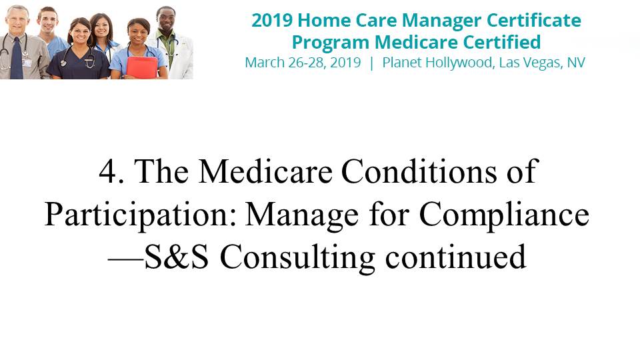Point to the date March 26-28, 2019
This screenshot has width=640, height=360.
[303, 63]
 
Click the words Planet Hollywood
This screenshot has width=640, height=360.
[437, 63]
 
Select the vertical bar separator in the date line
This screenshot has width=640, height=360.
[371, 63]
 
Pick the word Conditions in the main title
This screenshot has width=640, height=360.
[419, 171]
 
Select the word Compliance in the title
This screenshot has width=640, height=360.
[504, 215]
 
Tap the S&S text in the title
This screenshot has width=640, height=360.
[176, 257]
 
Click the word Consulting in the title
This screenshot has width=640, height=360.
[297, 259]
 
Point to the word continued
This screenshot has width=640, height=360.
[455, 257]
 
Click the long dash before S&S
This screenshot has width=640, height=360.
[126, 259]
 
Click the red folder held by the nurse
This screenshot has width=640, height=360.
[142, 67]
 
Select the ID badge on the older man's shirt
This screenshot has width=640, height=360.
[27, 63]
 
